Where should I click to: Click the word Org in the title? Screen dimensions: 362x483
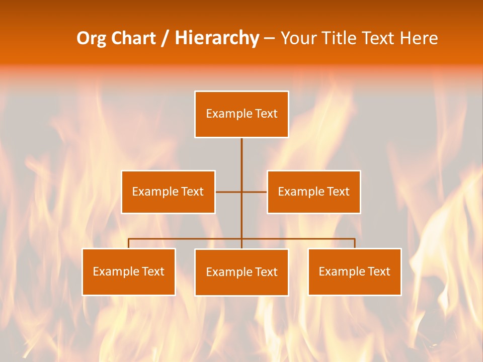tap(92, 38)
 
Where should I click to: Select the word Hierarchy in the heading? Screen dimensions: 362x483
tap(216, 38)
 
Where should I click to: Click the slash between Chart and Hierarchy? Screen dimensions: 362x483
tap(165, 39)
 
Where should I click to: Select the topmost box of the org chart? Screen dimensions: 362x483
tap(242, 114)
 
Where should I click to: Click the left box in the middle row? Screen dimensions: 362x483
tap(168, 192)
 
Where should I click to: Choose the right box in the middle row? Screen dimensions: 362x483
tap(313, 192)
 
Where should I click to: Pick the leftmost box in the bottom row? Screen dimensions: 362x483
tap(128, 271)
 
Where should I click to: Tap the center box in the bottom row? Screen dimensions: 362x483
tap(242, 272)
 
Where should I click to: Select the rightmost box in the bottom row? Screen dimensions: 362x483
tap(354, 271)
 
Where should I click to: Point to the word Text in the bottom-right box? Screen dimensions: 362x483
tap(378, 271)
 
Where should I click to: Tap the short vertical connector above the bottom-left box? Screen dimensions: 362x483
tap(128, 243)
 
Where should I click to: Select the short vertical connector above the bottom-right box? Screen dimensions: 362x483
tap(355, 243)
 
